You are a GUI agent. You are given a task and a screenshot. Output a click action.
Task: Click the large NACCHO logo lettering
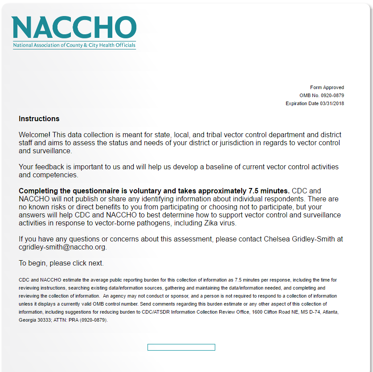[74, 27]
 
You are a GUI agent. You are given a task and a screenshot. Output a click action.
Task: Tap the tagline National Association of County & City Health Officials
[74, 45]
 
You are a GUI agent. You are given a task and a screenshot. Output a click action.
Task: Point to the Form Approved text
[327, 87]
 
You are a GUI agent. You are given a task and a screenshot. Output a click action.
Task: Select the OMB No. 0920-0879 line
[321, 95]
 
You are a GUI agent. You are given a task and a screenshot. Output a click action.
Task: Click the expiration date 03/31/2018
[332, 103]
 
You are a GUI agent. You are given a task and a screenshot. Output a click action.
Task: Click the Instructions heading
[39, 119]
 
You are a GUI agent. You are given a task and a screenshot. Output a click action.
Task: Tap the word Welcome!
[35, 135]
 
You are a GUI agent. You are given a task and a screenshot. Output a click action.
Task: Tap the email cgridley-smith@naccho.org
[62, 247]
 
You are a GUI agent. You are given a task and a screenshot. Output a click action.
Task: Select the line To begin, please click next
[61, 263]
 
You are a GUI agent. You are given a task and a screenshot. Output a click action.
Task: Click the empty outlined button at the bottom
[181, 347]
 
